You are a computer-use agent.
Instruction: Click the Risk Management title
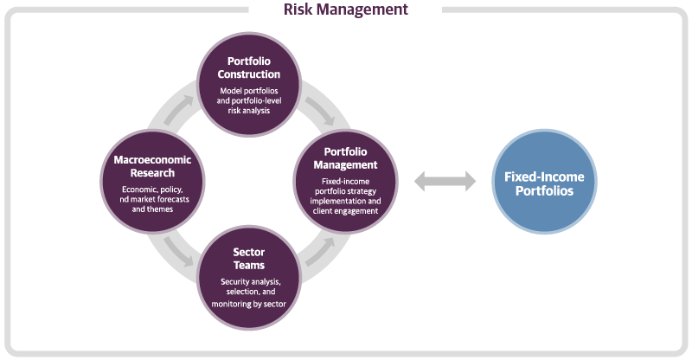pos(346,10)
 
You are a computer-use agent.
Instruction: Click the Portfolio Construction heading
pos(251,68)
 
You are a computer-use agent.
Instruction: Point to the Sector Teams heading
pos(249,259)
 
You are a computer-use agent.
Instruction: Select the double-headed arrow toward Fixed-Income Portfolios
pos(445,181)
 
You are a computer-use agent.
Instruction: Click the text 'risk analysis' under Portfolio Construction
pos(251,110)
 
